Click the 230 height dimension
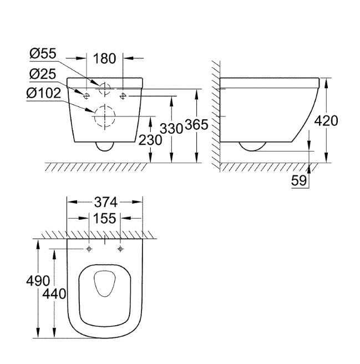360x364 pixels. coord(151,140)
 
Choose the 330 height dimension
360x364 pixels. coord(172,129)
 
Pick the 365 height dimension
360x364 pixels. coord(196,125)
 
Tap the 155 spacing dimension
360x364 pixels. coord(105,219)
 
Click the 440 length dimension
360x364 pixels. coord(54,294)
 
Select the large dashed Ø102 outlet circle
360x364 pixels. coord(104,116)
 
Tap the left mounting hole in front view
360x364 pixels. coord(87,95)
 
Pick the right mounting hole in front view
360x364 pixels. coord(123,95)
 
